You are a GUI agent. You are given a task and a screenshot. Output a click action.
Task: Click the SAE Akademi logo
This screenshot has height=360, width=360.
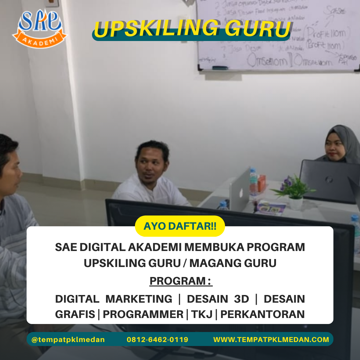pos(39,28)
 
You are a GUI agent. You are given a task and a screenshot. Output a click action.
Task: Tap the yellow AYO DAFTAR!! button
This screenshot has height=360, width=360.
pos(180,226)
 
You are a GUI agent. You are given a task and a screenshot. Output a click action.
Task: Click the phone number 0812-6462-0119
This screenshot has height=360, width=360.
pos(157,340)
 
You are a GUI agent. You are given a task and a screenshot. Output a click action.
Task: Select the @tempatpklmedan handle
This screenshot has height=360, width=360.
pos(68,340)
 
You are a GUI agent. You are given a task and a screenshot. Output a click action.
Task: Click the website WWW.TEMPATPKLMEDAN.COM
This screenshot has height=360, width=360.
pos(271,340)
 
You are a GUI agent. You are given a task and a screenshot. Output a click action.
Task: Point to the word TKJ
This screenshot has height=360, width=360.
pos(202,314)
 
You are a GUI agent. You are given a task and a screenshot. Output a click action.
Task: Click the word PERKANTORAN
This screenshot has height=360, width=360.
pos(263,314)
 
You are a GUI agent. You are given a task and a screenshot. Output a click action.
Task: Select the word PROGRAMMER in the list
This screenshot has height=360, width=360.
pos(143,314)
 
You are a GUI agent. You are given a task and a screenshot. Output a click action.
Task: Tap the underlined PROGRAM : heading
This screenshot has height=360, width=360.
pos(181,281)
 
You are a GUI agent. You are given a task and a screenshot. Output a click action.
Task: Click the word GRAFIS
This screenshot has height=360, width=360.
pos(75,314)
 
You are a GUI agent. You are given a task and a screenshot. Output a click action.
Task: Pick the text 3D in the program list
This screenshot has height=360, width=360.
pos(241,299)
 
